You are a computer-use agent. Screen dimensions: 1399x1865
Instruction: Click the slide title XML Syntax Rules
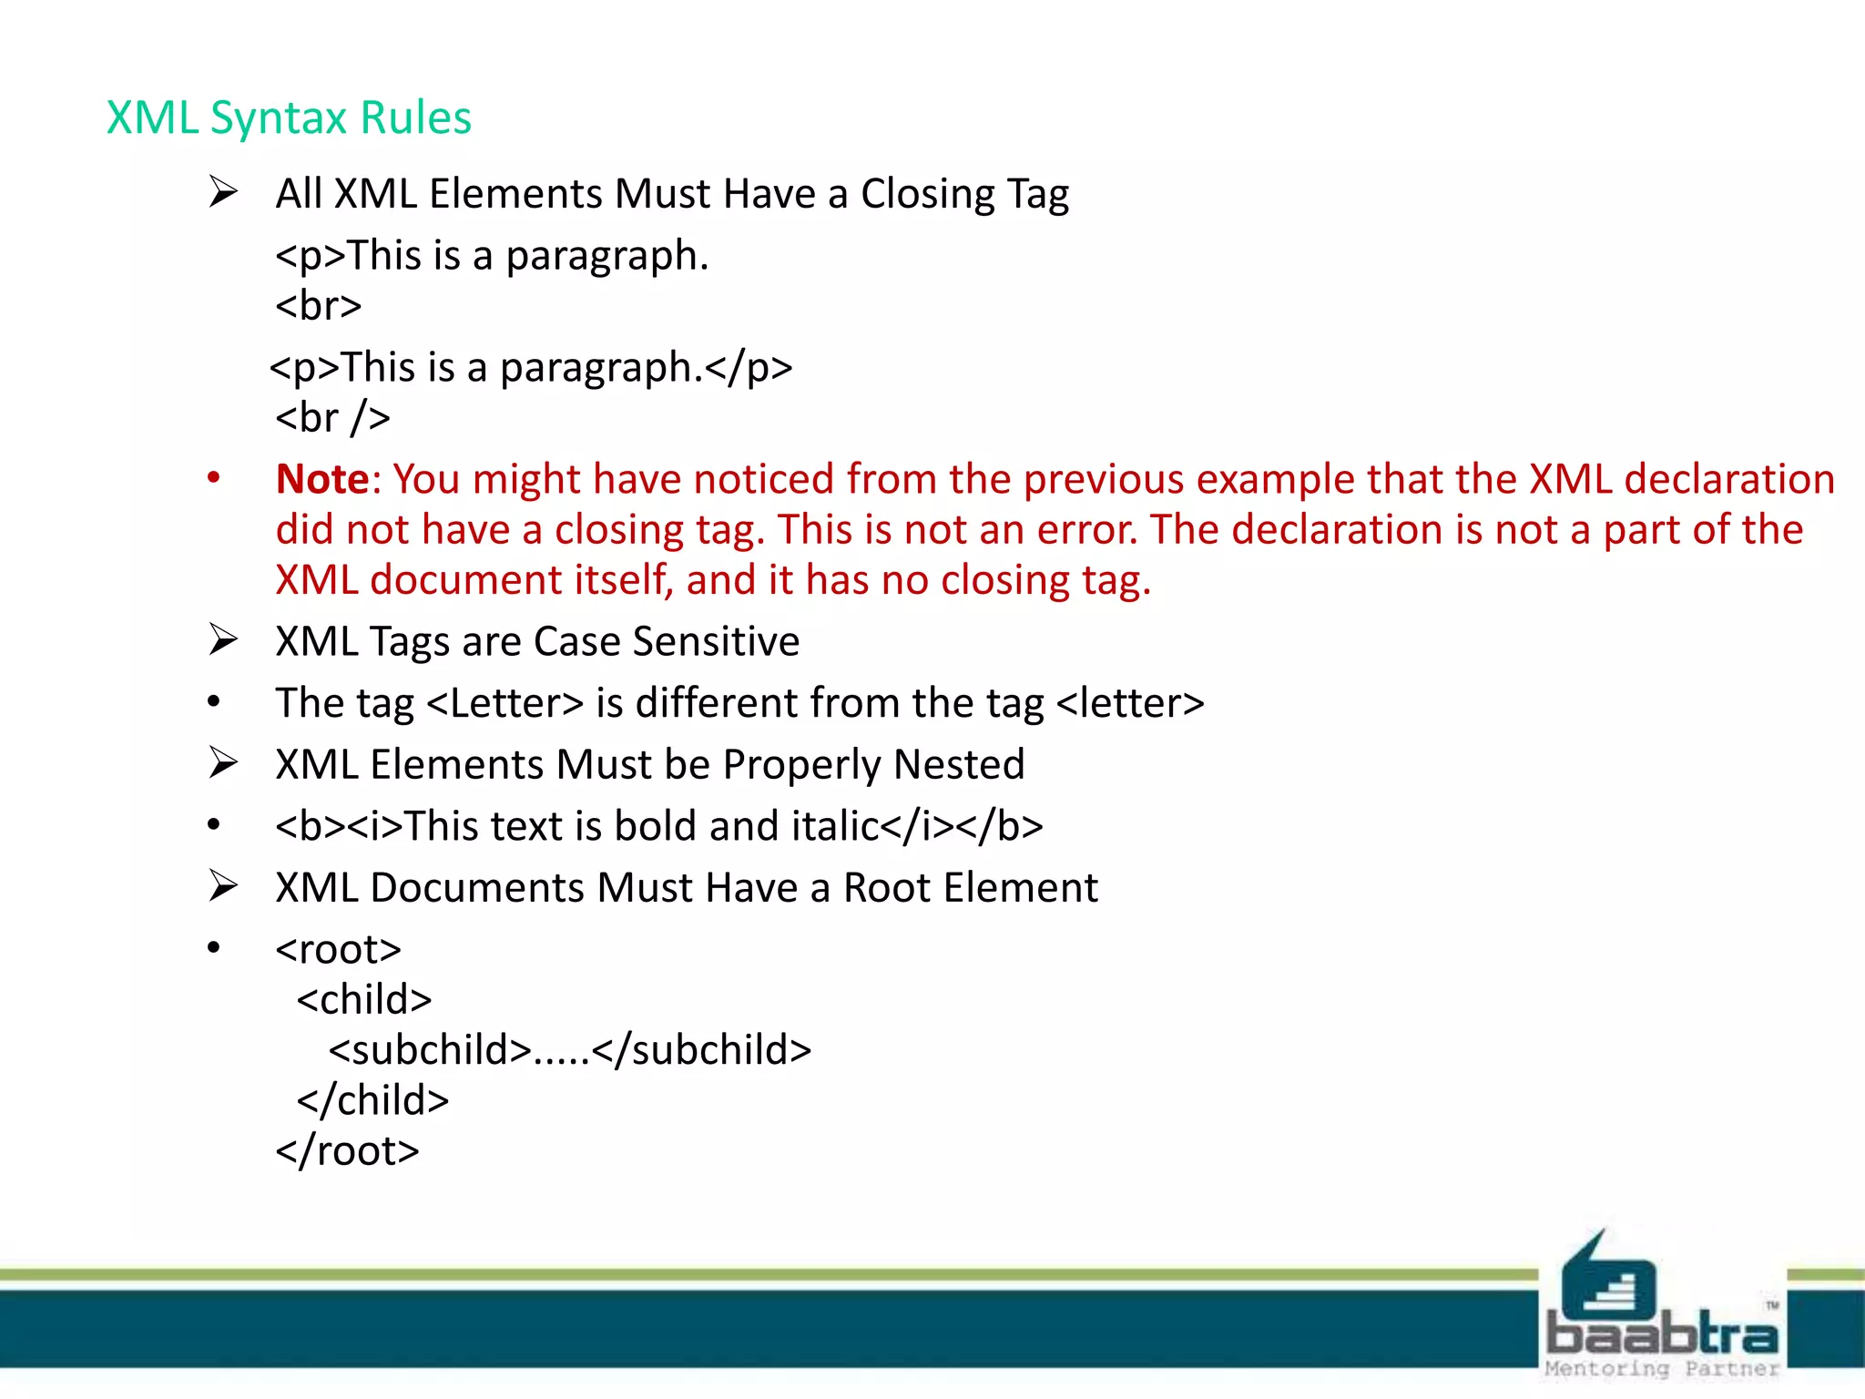(x=289, y=117)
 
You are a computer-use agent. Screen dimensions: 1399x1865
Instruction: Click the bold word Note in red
(x=322, y=479)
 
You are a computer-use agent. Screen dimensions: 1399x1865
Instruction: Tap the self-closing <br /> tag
(x=332, y=417)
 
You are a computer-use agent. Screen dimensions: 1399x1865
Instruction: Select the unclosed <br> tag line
(x=318, y=305)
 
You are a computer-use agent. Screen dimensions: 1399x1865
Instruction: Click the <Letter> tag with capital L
(x=504, y=703)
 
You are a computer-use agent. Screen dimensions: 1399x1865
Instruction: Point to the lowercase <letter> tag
(x=1130, y=703)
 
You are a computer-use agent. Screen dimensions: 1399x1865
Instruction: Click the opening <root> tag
(x=338, y=950)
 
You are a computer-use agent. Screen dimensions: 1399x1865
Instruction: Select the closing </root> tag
(x=347, y=1151)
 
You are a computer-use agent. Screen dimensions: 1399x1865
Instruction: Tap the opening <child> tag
(x=364, y=1000)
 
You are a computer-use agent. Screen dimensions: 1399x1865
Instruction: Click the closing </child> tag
(x=372, y=1100)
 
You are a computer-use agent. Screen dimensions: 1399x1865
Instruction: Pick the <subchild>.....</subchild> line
(x=569, y=1050)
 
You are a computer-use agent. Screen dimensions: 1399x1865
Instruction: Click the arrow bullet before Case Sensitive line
(x=222, y=639)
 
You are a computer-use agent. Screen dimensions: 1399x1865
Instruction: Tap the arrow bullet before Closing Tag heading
(x=222, y=192)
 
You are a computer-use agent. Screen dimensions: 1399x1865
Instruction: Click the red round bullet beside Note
(x=213, y=478)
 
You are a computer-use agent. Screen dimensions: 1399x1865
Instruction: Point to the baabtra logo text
(x=1662, y=1334)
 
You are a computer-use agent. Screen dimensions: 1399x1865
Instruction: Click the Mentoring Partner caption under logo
(x=1662, y=1368)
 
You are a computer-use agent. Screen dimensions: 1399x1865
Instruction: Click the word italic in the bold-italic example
(x=835, y=826)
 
